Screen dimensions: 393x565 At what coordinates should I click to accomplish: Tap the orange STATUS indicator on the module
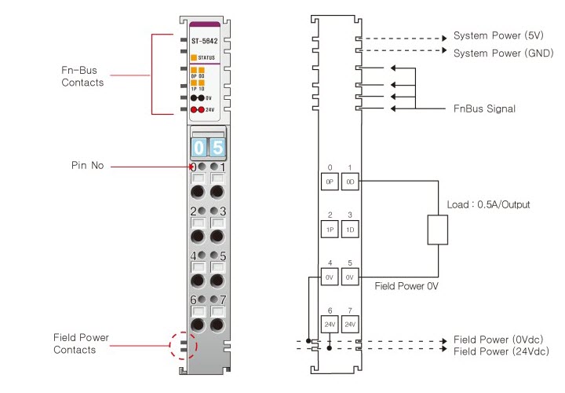coord(194,57)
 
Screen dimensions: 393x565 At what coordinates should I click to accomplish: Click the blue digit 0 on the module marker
coord(199,147)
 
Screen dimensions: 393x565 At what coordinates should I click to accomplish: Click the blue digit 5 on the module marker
coord(217,147)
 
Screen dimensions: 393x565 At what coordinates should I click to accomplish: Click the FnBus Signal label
coord(485,108)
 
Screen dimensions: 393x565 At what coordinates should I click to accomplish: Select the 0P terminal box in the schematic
coord(330,181)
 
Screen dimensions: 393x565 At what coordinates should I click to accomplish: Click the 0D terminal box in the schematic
coord(350,181)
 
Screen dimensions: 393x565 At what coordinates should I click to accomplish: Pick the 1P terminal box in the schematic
coord(330,229)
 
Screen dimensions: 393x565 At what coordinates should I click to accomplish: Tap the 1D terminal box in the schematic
coord(350,229)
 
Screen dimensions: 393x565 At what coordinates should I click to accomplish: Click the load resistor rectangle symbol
coord(436,231)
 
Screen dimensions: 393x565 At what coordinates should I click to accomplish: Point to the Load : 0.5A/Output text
coord(487,204)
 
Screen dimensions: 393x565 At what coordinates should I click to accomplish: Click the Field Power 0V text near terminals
coord(406,287)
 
